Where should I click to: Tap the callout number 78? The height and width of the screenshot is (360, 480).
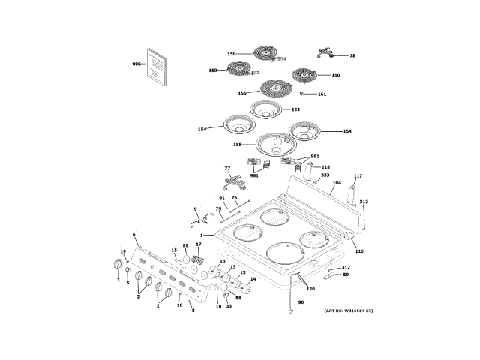[352, 56]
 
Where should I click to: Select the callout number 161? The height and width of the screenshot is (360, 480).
[322, 94]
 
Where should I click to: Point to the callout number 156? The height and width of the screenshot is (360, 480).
[242, 93]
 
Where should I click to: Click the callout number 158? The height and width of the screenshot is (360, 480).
[237, 145]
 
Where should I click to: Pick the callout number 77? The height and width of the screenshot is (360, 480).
[227, 169]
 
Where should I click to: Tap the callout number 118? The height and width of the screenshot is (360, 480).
[325, 167]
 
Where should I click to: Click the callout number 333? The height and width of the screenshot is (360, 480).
[325, 175]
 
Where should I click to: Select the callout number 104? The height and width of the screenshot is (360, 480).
[337, 183]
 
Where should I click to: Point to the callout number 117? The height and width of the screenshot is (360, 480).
[358, 176]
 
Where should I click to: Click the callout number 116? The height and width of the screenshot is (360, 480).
[359, 250]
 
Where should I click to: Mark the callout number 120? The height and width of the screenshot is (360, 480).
[310, 289]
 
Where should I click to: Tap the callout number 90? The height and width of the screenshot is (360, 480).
[301, 302]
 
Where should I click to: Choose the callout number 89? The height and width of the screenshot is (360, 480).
[346, 274]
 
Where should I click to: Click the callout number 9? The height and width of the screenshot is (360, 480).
[195, 209]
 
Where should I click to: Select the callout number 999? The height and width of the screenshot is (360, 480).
[136, 64]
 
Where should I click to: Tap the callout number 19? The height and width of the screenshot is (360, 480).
[124, 251]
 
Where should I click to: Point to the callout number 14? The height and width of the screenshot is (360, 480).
[253, 279]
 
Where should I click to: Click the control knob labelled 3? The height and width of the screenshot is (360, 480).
[117, 264]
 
